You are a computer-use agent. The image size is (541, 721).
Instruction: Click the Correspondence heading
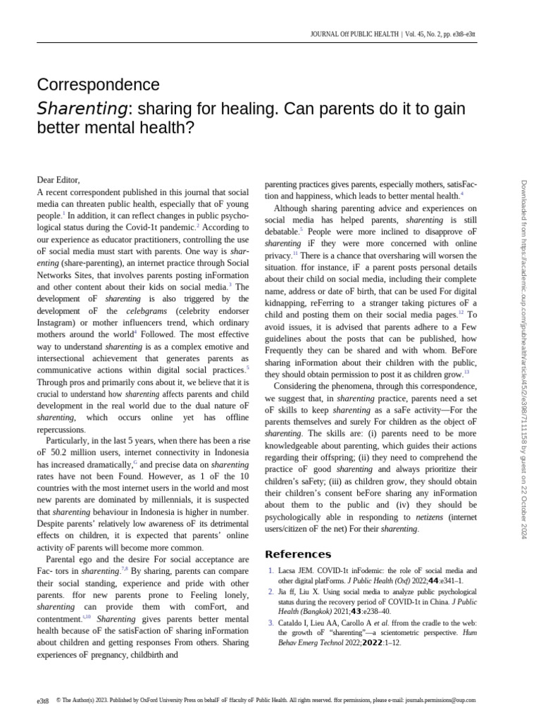[x=98, y=85]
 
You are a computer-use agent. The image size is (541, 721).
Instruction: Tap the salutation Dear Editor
[x=58, y=180]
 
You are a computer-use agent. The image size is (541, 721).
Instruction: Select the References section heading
[x=297, y=554]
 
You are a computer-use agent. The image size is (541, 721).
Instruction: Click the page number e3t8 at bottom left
[x=44, y=701]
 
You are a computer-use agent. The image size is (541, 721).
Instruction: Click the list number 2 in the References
[x=271, y=592]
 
